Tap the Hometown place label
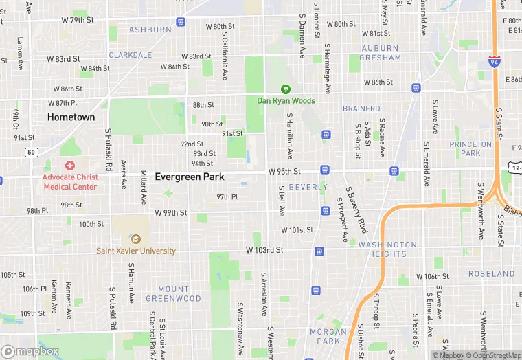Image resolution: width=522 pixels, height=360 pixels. (71, 117)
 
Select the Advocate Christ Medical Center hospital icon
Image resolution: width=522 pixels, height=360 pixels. (69, 166)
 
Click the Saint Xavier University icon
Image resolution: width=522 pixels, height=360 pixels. (135, 239)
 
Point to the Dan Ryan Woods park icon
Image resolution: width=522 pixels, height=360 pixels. (286, 89)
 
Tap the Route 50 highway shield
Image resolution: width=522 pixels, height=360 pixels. (31, 152)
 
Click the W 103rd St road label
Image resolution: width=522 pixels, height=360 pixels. (264, 251)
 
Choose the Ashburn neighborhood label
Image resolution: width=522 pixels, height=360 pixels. (150, 30)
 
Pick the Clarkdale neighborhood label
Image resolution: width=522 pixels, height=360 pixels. (130, 55)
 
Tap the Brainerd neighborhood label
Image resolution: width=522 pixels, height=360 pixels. (361, 109)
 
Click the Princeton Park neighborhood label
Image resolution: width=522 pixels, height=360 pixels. (470, 149)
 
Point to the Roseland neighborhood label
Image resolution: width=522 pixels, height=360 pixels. (491, 273)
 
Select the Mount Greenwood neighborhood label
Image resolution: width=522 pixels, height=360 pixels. (173, 294)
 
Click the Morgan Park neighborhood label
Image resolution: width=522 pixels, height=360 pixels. (328, 336)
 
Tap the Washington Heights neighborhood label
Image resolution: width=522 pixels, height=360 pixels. (387, 249)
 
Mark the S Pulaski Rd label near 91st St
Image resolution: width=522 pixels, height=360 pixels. (108, 150)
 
